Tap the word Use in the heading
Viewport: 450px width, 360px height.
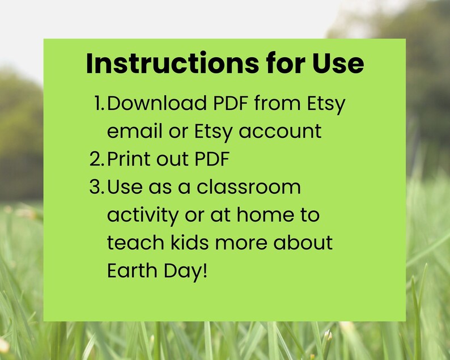click(x=338, y=63)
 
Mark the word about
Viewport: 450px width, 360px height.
click(x=303, y=243)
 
